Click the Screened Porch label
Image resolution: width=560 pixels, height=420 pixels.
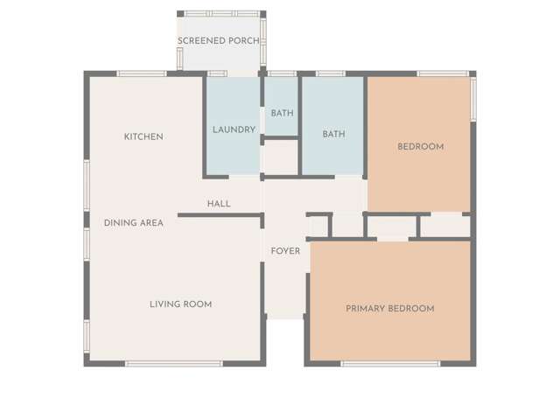[x=218, y=41]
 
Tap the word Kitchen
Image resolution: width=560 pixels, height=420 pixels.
[x=143, y=136]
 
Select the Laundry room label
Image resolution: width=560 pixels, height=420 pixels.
[x=234, y=129]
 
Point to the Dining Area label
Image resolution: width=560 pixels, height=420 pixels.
[x=134, y=223]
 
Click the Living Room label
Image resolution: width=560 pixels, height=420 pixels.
[x=180, y=304]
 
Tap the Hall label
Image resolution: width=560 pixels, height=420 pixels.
[x=219, y=204]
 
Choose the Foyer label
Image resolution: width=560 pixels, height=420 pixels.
[x=285, y=251]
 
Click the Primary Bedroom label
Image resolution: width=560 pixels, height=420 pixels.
[x=389, y=309]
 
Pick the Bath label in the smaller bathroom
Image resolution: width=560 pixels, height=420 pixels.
[x=282, y=113]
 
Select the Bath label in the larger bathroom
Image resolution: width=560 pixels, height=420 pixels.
[x=333, y=134]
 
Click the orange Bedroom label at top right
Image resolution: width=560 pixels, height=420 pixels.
[x=420, y=146]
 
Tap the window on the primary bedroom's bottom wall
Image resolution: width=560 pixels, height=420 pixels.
[x=389, y=363]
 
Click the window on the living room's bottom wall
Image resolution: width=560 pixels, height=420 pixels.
[x=174, y=363]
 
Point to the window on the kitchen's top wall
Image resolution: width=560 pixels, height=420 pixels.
[x=142, y=73]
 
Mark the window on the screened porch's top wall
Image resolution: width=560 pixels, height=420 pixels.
[x=220, y=14]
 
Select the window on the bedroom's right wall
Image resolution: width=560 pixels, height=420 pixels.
[x=473, y=99]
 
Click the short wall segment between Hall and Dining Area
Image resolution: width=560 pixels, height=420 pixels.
[x=220, y=214]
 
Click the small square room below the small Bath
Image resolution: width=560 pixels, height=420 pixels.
[x=281, y=157]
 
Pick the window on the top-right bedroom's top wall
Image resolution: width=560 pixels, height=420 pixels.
[x=439, y=73]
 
